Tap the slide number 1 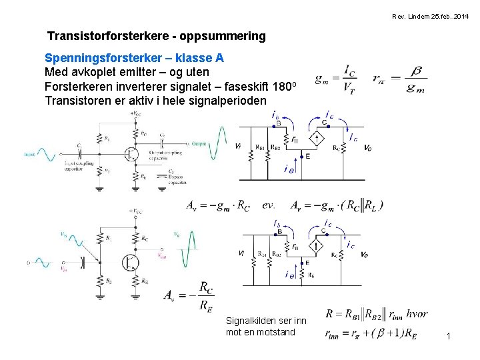449,336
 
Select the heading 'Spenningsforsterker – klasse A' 134,58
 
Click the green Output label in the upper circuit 199,144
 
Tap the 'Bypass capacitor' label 176,178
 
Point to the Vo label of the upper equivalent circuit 367,147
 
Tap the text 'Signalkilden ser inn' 266,321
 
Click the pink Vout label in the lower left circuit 163,255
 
